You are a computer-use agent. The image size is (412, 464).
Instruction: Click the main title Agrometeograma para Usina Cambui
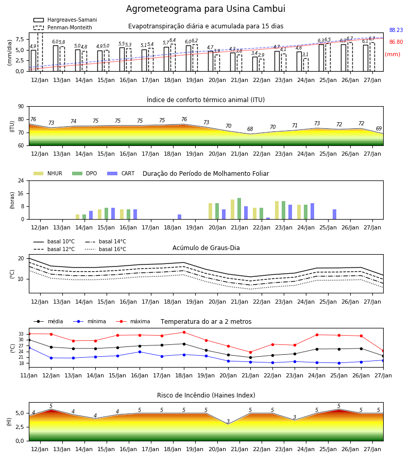point(205,9)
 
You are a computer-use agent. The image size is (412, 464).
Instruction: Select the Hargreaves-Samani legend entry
point(65,20)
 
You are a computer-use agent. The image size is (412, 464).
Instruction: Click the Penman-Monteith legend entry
point(63,27)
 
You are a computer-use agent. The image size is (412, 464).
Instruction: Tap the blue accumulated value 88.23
point(396,30)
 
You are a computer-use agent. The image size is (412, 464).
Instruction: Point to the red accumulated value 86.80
point(396,42)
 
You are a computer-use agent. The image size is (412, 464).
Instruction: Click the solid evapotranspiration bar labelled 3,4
point(255,64)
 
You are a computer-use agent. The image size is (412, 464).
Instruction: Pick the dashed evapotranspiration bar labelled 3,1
point(306,65)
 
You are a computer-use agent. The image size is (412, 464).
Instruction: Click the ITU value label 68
point(250,129)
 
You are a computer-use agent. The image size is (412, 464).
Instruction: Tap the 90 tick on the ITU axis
point(21,107)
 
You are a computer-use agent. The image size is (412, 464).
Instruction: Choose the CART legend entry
point(121,173)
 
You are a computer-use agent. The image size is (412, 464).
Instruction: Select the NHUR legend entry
point(48,173)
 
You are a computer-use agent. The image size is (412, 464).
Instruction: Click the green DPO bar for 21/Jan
point(239,209)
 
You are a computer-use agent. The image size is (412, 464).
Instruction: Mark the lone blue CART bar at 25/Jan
point(335,214)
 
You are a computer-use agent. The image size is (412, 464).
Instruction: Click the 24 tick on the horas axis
point(21,180)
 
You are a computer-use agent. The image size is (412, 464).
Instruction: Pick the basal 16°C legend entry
point(106,249)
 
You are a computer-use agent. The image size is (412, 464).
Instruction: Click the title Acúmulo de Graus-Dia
point(206,248)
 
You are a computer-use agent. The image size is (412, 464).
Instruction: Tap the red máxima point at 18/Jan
point(184,333)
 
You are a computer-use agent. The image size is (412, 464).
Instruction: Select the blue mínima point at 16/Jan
point(140,352)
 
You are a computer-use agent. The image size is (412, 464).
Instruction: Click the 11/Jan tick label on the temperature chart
point(29,375)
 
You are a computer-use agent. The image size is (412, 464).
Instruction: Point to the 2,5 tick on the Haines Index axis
point(21,427)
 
